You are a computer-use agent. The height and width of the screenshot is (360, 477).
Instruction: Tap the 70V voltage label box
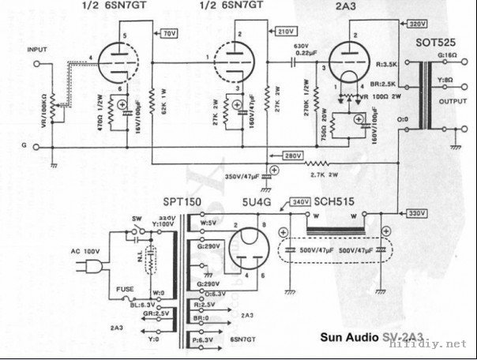click(169, 35)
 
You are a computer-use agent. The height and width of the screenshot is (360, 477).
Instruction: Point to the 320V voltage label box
click(396, 24)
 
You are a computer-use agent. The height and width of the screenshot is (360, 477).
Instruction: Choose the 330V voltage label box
click(418, 214)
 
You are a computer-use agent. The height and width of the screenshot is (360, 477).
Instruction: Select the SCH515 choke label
click(334, 202)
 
